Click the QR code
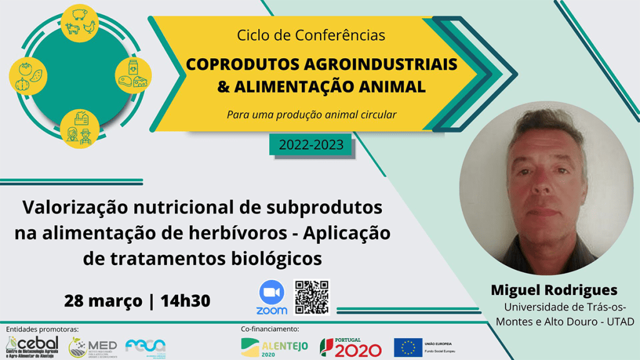(311, 297)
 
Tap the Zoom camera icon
(271, 292)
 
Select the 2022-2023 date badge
(311, 146)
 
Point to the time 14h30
(185, 301)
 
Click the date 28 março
(102, 301)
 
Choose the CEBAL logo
(32, 345)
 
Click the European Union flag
(407, 346)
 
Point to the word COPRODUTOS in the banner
(245, 65)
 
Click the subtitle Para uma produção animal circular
(311, 114)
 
